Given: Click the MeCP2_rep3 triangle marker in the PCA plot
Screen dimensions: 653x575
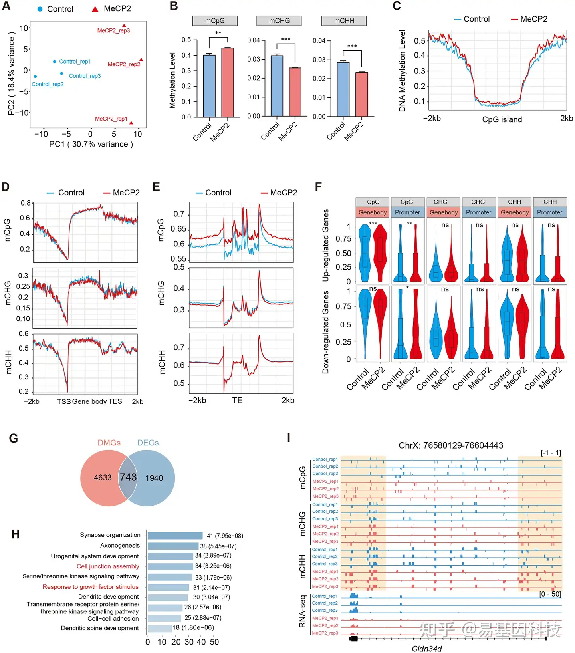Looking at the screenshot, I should click(x=124, y=26).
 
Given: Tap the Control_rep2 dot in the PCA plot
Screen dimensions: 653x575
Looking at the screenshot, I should click(x=36, y=77).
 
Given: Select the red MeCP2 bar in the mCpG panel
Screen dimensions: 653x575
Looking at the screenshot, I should click(x=228, y=82).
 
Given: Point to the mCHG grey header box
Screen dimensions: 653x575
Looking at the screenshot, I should click(x=279, y=21).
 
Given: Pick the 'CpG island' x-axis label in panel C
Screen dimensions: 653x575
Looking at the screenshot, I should click(x=502, y=119).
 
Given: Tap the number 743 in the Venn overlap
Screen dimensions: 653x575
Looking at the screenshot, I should click(x=128, y=477).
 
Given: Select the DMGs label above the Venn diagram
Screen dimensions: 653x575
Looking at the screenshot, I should click(x=109, y=443).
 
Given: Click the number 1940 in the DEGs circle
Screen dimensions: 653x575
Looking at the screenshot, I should click(x=154, y=478).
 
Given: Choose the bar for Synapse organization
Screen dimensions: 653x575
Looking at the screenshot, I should click(x=175, y=536).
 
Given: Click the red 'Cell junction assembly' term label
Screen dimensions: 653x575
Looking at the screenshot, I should click(x=108, y=566).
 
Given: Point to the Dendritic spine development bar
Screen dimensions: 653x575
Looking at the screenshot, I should click(x=159, y=628).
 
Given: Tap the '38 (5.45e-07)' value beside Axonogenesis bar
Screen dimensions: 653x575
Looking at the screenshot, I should click(x=218, y=546).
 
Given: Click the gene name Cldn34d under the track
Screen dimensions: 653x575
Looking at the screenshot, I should click(x=427, y=649).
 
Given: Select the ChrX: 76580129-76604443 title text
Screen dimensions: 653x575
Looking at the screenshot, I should click(x=451, y=445).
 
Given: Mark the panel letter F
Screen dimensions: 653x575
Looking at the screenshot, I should click(x=318, y=187).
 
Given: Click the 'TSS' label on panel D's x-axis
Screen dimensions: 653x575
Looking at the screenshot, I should click(x=64, y=401).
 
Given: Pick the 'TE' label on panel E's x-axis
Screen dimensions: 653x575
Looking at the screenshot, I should click(x=237, y=400).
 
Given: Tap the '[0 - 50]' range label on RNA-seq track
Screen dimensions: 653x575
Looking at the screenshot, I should click(x=550, y=594).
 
